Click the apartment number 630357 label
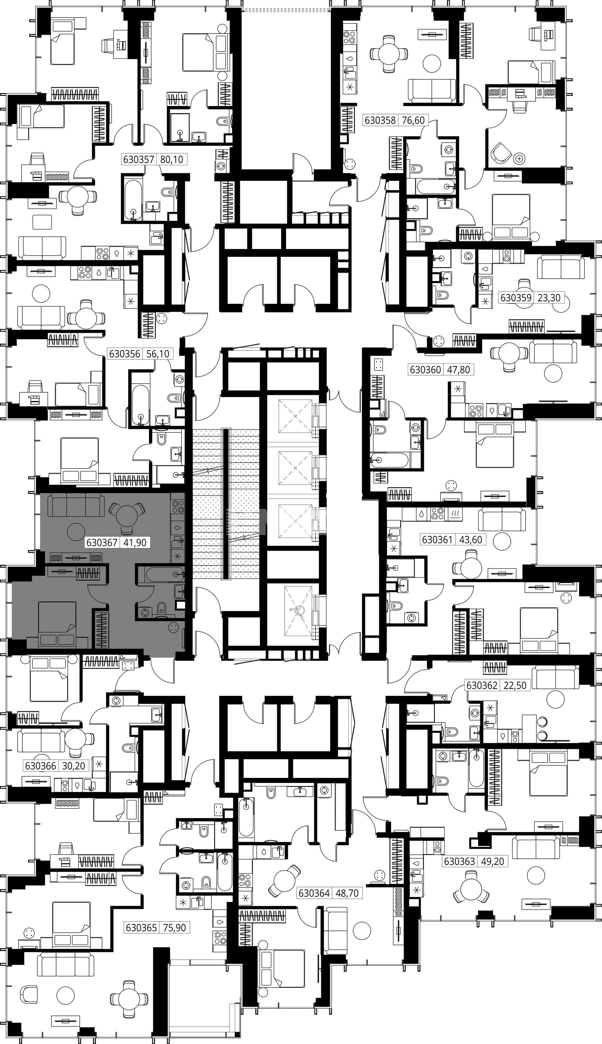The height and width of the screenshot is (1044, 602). [139, 159]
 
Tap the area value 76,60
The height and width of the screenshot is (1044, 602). [414, 120]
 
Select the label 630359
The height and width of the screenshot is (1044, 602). [515, 297]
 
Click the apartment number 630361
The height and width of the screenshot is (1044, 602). [437, 539]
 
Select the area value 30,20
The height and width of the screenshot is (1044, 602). [73, 766]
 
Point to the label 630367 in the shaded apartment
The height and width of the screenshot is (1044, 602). [102, 542]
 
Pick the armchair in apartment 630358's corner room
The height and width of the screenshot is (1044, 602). [501, 154]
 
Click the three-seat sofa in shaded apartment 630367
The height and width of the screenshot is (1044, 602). [74, 505]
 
